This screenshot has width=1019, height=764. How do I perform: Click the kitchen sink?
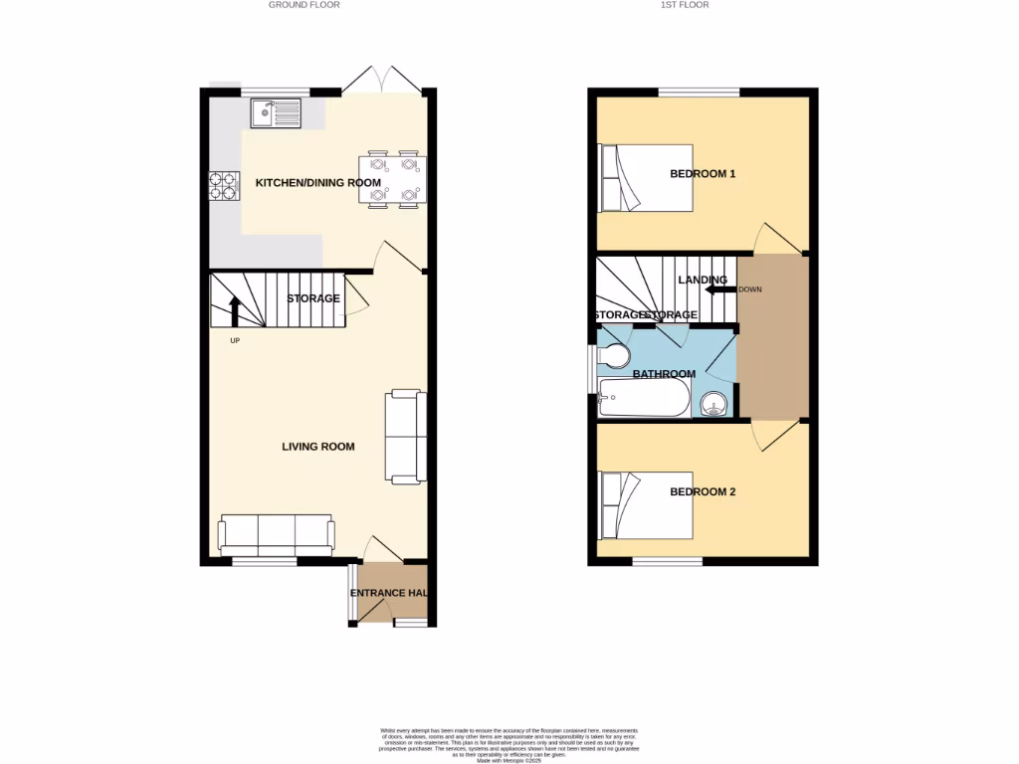(x=276, y=113)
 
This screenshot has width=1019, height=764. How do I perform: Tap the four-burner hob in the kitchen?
(x=222, y=185)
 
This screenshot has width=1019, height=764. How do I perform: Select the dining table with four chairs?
(x=393, y=179)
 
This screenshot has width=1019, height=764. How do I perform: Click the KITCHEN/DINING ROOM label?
(x=317, y=183)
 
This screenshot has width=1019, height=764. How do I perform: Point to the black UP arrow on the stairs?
(x=235, y=310)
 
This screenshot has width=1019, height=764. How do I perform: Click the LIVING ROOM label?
(x=317, y=447)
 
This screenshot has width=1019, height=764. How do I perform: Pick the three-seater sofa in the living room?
(x=277, y=535)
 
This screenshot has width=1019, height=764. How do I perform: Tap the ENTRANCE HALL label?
(x=389, y=594)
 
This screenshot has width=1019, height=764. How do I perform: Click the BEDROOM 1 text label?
(x=702, y=174)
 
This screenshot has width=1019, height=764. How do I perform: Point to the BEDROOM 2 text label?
(x=702, y=491)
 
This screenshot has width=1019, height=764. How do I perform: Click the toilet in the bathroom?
(x=612, y=356)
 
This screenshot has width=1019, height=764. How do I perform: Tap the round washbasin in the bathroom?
(x=713, y=403)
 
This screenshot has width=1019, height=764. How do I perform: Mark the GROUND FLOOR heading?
(x=304, y=5)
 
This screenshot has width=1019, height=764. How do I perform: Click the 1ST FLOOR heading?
(x=685, y=5)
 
